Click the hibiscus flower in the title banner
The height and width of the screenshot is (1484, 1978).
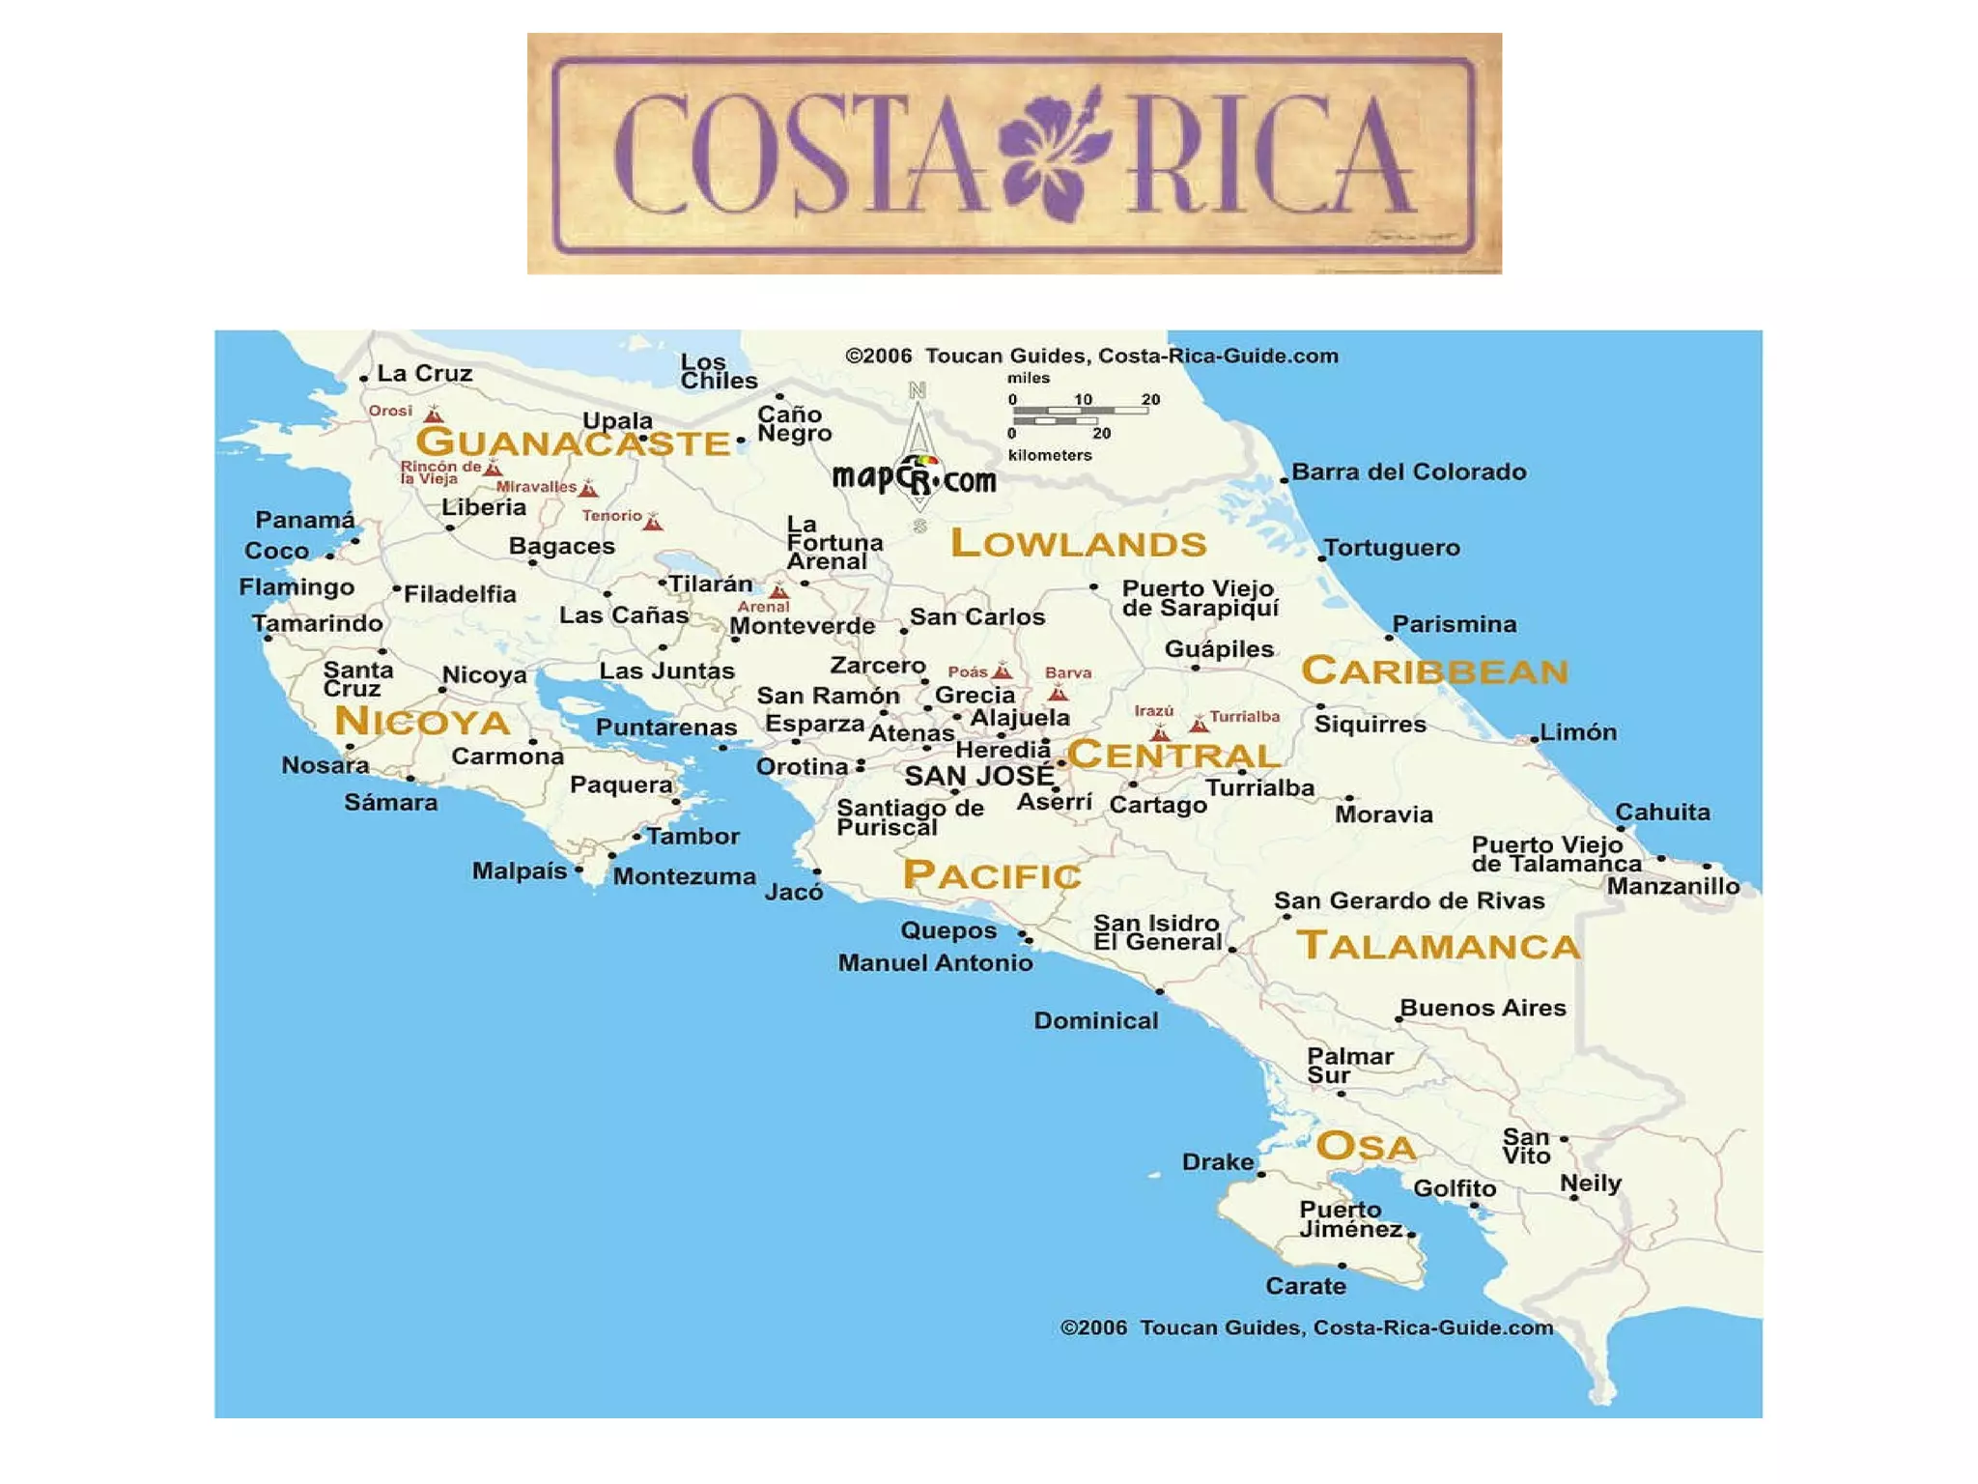(x=1055, y=155)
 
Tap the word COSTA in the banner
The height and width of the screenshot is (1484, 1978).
(x=797, y=155)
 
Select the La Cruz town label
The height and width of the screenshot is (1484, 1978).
(x=424, y=374)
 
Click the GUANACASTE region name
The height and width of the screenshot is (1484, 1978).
(x=573, y=443)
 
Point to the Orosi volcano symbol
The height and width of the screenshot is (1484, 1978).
(x=434, y=415)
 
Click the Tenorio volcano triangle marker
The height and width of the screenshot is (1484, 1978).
(x=654, y=523)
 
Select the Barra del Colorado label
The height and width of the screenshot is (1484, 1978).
(x=1409, y=472)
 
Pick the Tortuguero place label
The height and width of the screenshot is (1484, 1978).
(x=1392, y=548)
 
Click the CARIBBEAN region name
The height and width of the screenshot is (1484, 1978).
(x=1435, y=671)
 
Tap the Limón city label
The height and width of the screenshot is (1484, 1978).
(x=1578, y=732)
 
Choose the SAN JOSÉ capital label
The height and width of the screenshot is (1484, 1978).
(x=979, y=776)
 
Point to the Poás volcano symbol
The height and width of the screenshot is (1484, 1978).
(x=1003, y=671)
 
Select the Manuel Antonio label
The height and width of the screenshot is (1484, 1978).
(x=935, y=963)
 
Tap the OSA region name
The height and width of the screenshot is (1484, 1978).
(x=1366, y=1148)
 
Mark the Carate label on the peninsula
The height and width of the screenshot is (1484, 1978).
(x=1306, y=1287)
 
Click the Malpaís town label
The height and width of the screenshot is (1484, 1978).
(x=520, y=871)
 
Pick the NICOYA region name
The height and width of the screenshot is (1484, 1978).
(x=422, y=722)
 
